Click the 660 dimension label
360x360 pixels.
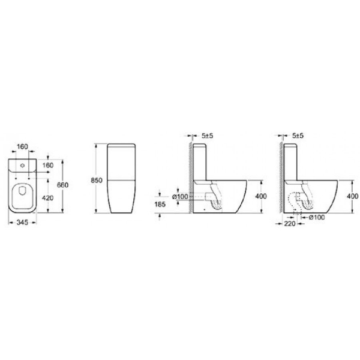pos(62,185)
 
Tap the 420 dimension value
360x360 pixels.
pos(48,197)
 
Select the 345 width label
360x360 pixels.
pos(23,222)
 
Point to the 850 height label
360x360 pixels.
pos(97,181)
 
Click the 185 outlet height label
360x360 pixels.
pos(160,204)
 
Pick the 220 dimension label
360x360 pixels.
pos(290,223)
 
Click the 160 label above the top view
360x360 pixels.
pos(22,146)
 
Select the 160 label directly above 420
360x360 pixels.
pos(48,165)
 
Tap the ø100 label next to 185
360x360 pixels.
pos(180,197)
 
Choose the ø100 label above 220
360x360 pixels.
pos(317,217)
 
